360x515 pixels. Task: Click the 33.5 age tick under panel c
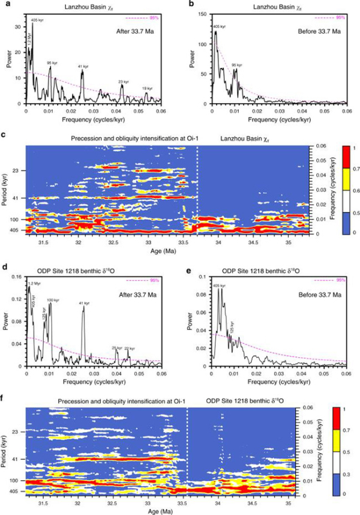183,244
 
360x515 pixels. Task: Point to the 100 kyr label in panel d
53,300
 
